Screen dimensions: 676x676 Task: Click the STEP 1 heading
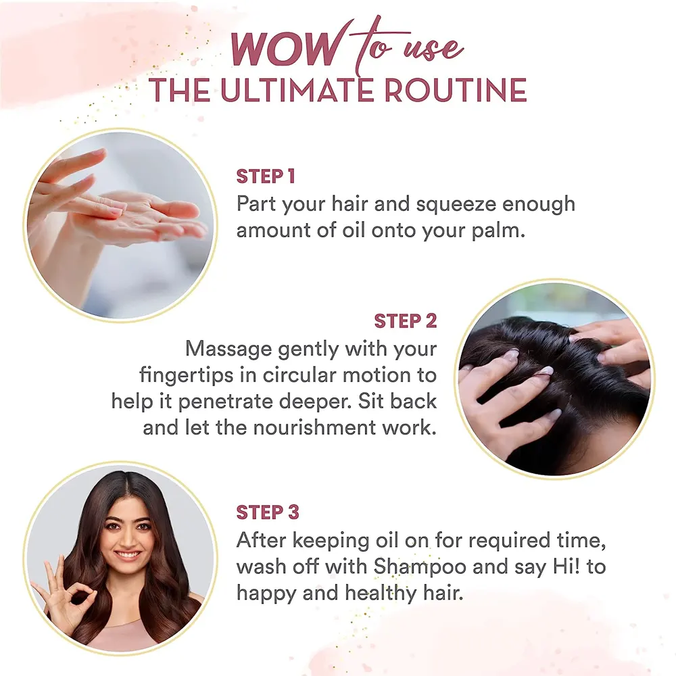click(266, 176)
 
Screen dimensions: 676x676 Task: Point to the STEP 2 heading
click(405, 320)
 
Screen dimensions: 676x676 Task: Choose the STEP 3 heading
click(268, 512)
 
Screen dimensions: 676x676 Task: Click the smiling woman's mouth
click(127, 554)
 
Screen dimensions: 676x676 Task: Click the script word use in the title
click(433, 49)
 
